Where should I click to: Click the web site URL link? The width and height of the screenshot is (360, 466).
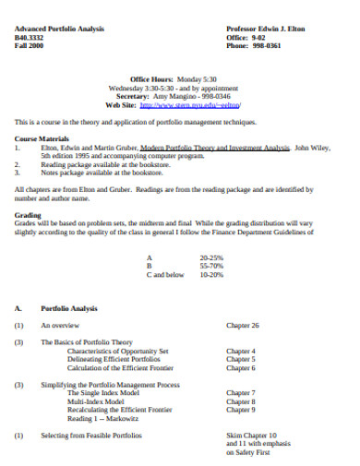point(203,105)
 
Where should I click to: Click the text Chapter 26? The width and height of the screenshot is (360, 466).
point(243,325)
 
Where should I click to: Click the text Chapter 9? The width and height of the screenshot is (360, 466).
point(241,409)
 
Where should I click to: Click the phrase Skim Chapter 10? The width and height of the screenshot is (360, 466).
point(251,434)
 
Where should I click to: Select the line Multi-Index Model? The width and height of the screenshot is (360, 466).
point(96,400)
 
